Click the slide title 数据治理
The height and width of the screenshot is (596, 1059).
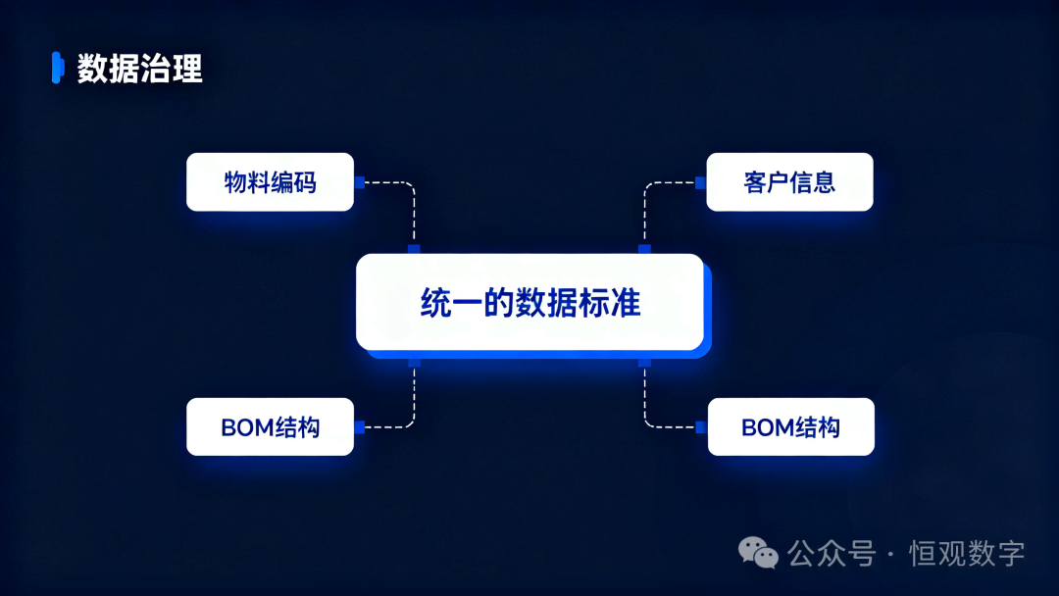tap(140, 69)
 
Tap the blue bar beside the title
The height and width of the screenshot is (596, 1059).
tap(58, 68)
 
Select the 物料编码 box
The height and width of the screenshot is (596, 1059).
tap(271, 182)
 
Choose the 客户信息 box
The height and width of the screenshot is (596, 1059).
tap(789, 182)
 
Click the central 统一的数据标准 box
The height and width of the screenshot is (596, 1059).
tap(530, 302)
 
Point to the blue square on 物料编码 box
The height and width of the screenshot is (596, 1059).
tap(359, 182)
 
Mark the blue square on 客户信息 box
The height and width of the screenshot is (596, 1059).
tap(700, 182)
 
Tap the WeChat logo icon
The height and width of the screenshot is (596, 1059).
tap(758, 554)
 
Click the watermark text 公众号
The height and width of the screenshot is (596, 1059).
tap(832, 554)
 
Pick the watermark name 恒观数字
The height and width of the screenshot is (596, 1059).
tap(967, 554)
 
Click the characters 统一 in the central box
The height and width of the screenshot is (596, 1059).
tap(451, 302)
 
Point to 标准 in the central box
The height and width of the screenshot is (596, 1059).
tap(609, 302)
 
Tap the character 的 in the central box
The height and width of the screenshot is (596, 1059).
tap(498, 302)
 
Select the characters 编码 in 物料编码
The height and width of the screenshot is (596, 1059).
tap(293, 182)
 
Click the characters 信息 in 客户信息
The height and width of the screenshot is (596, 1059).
tap(813, 182)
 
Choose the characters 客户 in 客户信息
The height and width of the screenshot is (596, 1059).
tap(767, 182)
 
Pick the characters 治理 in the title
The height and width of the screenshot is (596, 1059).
tap(171, 69)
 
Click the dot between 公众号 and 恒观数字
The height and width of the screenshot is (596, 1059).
tap(891, 555)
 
